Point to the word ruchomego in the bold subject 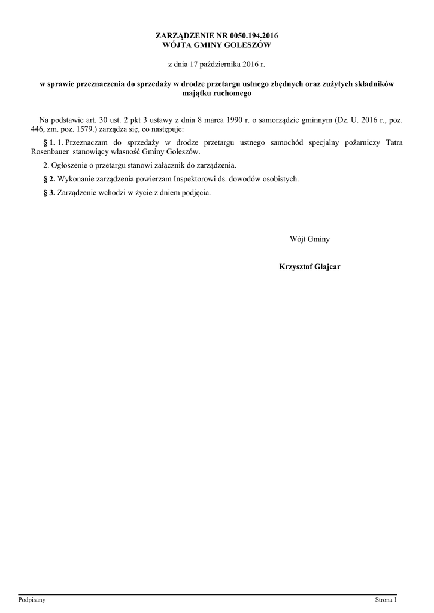(x=232, y=93)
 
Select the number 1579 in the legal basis (x=83, y=129)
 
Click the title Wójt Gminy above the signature (x=309, y=239)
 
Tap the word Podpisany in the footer (x=32, y=599)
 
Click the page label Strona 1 (x=386, y=599)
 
